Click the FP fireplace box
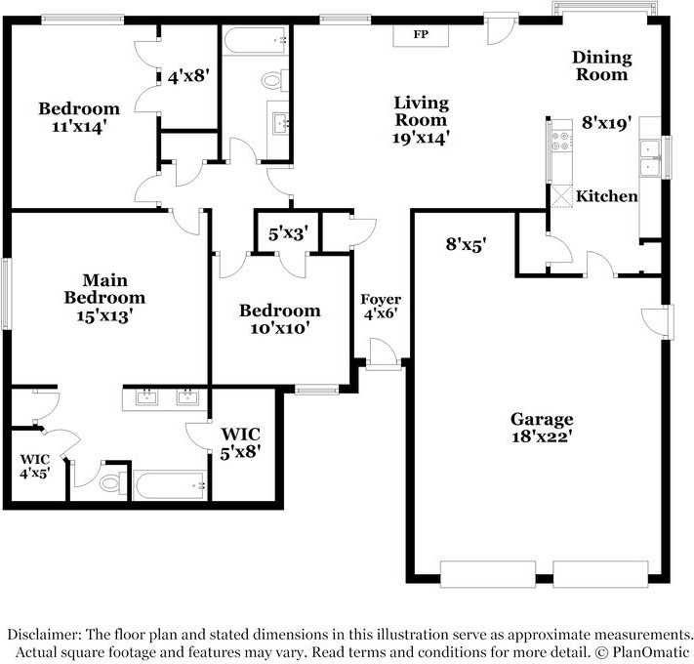(422, 35)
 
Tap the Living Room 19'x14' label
(421, 120)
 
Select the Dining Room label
(601, 66)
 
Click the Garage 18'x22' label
(541, 428)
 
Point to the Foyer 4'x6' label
(381, 307)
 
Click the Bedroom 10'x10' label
(280, 319)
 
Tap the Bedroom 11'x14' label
(79, 117)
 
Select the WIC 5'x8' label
(241, 442)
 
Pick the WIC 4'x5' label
(36, 466)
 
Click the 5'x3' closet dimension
(288, 233)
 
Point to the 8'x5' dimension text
(467, 244)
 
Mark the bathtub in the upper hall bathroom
(255, 40)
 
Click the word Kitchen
(606, 196)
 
